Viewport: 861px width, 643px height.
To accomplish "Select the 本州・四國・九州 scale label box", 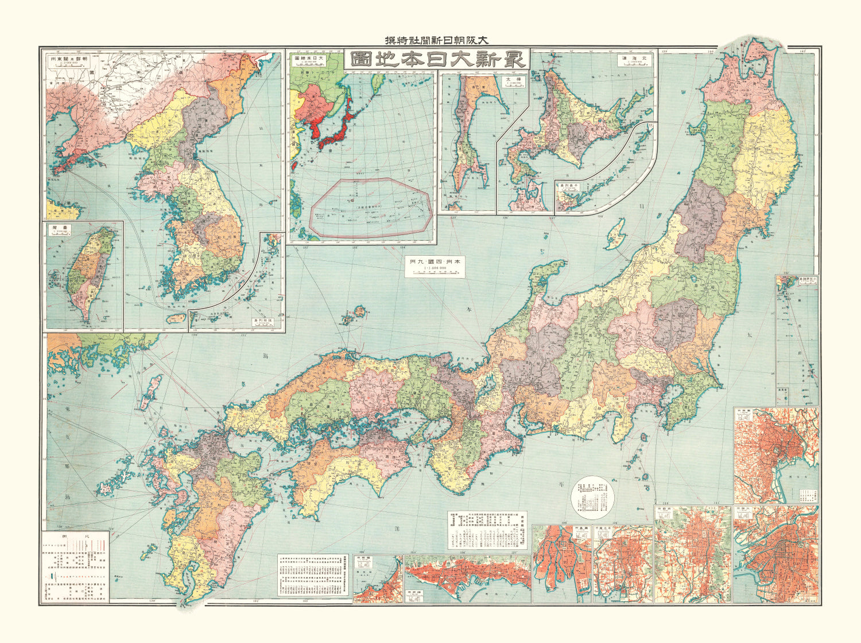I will tap(435, 266).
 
